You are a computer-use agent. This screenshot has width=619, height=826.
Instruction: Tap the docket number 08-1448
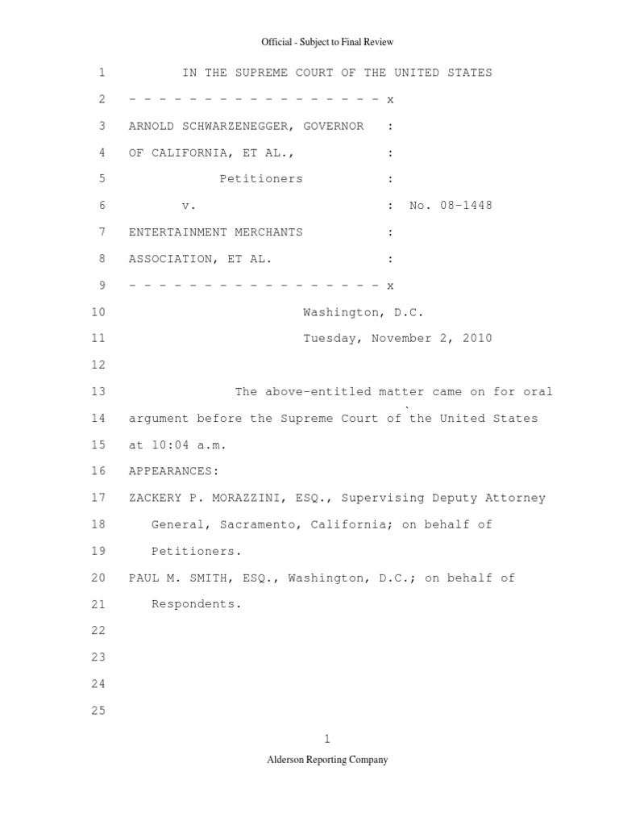pos(462,206)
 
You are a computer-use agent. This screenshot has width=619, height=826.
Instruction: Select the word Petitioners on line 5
pos(261,179)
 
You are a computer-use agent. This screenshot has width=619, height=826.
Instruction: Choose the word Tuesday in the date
pos(333,339)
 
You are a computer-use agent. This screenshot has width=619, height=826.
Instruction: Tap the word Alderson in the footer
pos(287,760)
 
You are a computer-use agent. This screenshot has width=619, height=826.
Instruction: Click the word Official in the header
pos(276,42)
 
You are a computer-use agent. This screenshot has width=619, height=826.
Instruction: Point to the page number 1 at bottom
pos(327,739)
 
